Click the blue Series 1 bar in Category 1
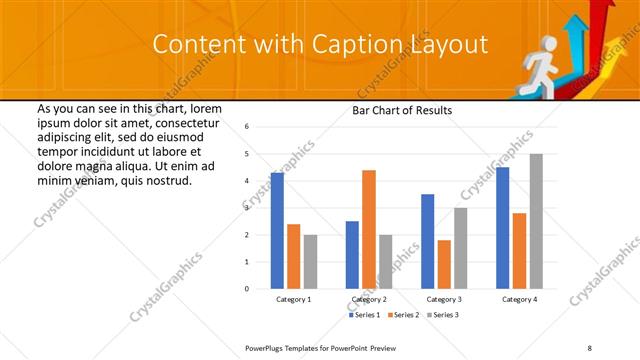point(277,231)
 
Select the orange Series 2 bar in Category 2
point(369,229)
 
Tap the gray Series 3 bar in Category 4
point(536,221)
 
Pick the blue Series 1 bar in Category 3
point(428,241)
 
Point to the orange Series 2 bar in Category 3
point(444,264)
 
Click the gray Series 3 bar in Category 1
point(310,262)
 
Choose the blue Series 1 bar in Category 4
point(503,228)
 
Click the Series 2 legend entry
point(403,315)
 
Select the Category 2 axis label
point(369,299)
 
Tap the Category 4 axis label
point(519,299)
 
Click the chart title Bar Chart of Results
point(402,110)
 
